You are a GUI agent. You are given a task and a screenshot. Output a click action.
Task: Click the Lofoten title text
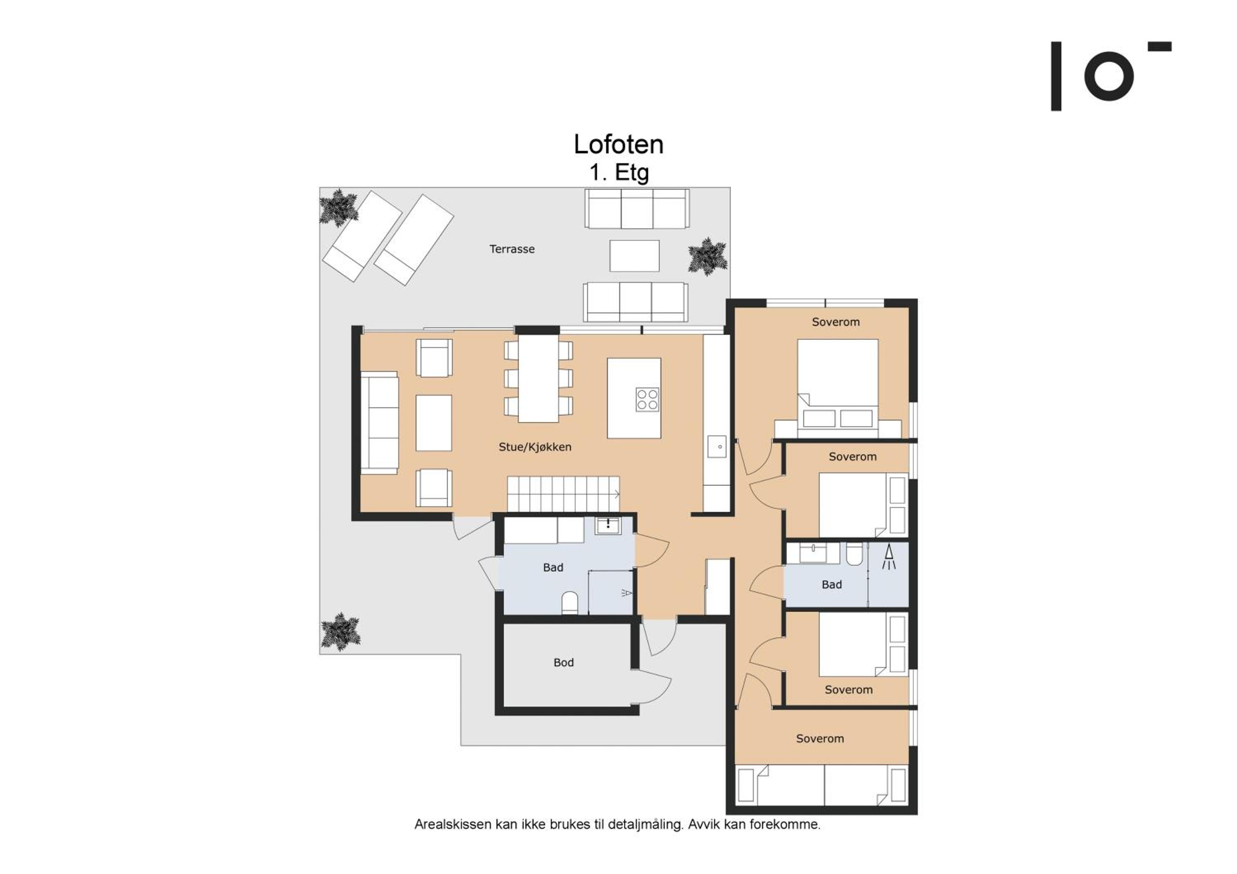[618, 144]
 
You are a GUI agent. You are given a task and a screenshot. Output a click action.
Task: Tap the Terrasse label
[512, 249]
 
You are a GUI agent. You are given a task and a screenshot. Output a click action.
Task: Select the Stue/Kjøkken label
[535, 447]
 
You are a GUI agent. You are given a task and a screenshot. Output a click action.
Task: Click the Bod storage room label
[564, 663]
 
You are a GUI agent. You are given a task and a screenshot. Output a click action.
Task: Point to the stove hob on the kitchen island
[647, 399]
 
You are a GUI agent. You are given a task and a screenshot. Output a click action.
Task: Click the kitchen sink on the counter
[717, 446]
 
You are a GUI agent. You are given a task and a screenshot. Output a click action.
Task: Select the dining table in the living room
[538, 378]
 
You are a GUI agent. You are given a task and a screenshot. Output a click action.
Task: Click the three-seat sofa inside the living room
[379, 423]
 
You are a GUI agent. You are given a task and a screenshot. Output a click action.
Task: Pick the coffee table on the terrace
[635, 256]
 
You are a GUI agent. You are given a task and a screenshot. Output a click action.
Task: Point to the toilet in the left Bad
[569, 604]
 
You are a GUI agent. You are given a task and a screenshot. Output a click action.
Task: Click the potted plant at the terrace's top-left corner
[339, 207]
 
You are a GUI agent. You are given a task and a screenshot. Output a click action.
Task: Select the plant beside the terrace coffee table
[708, 256]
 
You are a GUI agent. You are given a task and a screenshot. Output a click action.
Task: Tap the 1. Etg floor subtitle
[619, 172]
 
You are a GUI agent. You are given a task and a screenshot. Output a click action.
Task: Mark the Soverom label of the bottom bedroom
[820, 739]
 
